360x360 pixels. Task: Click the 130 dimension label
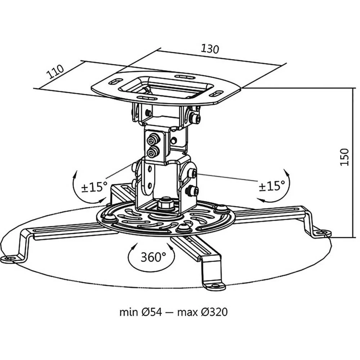pyautogui.click(x=210, y=49)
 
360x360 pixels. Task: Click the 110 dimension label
pyautogui.click(x=55, y=72)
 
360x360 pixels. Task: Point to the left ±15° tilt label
pyautogui.click(x=94, y=186)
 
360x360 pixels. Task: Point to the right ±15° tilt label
pyautogui.click(x=271, y=186)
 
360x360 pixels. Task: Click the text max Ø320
pyautogui.click(x=202, y=312)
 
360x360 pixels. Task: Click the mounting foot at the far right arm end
pyautogui.click(x=321, y=233)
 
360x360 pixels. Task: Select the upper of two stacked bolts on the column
pyautogui.click(x=152, y=139)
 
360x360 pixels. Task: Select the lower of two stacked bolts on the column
pyautogui.click(x=152, y=153)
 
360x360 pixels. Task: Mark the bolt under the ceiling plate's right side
pyautogui.click(x=194, y=118)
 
